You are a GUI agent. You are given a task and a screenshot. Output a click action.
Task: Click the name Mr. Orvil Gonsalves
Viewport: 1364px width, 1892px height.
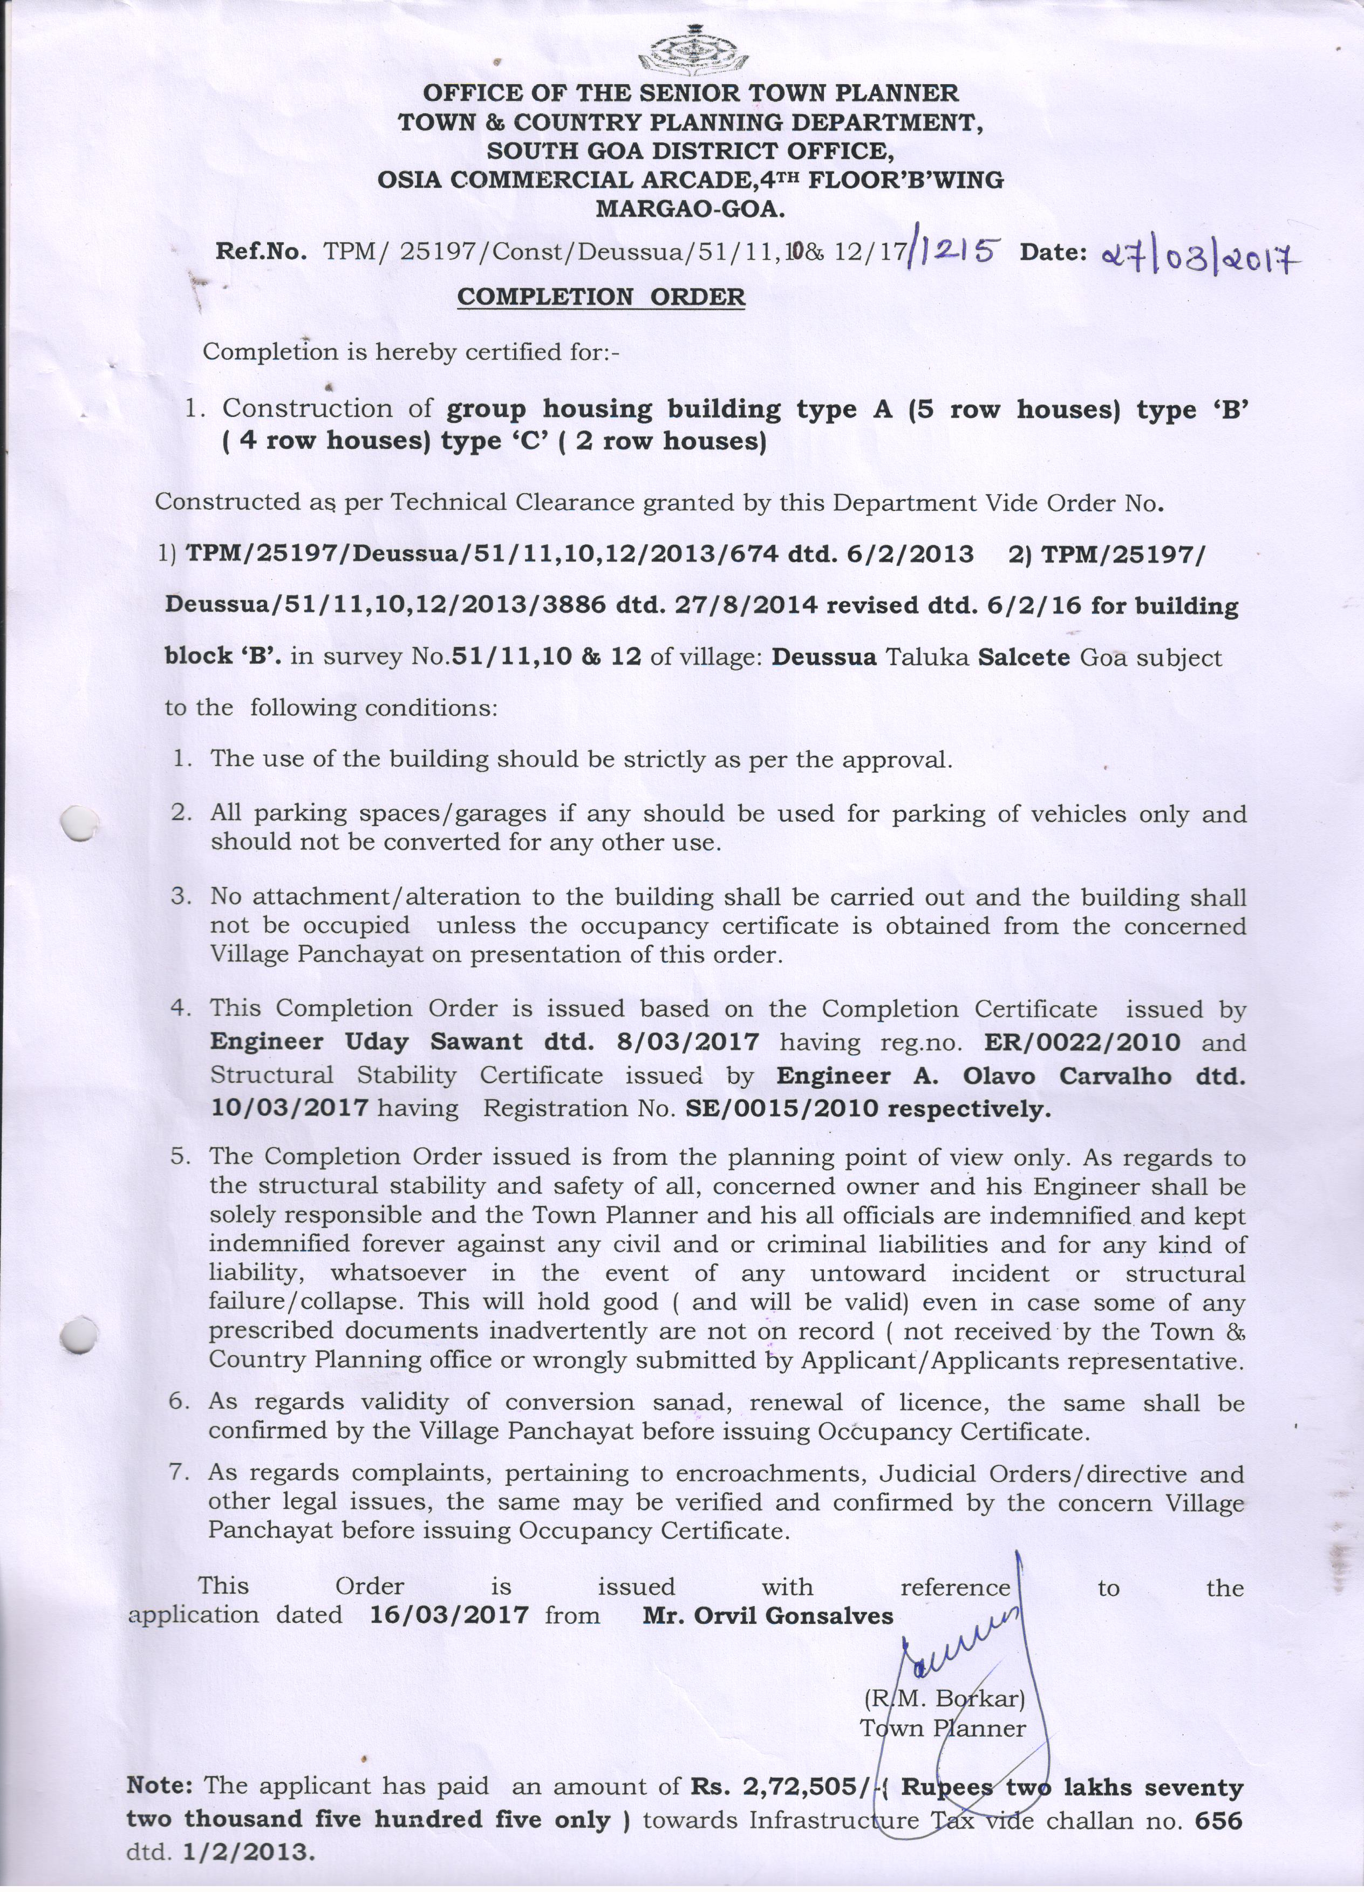point(767,1616)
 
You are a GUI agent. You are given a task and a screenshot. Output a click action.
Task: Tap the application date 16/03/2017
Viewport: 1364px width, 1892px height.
point(449,1615)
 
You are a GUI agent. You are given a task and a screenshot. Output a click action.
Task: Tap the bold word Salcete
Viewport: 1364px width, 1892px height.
point(1024,657)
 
